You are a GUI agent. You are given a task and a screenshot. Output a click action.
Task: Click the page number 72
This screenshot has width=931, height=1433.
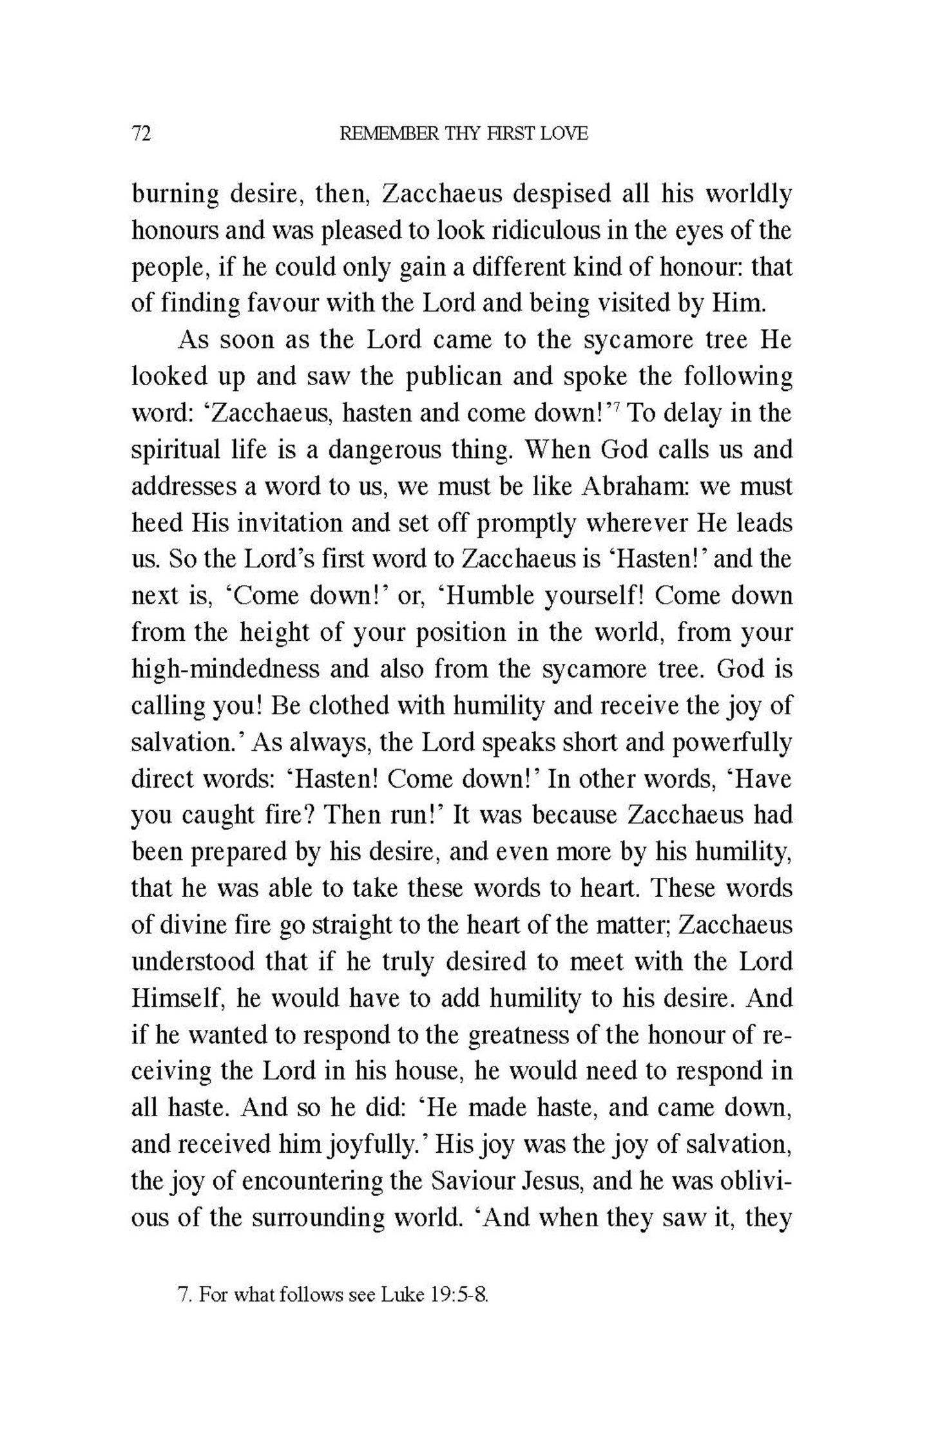coord(141,134)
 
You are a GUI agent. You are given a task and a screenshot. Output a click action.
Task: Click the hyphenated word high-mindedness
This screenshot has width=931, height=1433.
coord(226,669)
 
